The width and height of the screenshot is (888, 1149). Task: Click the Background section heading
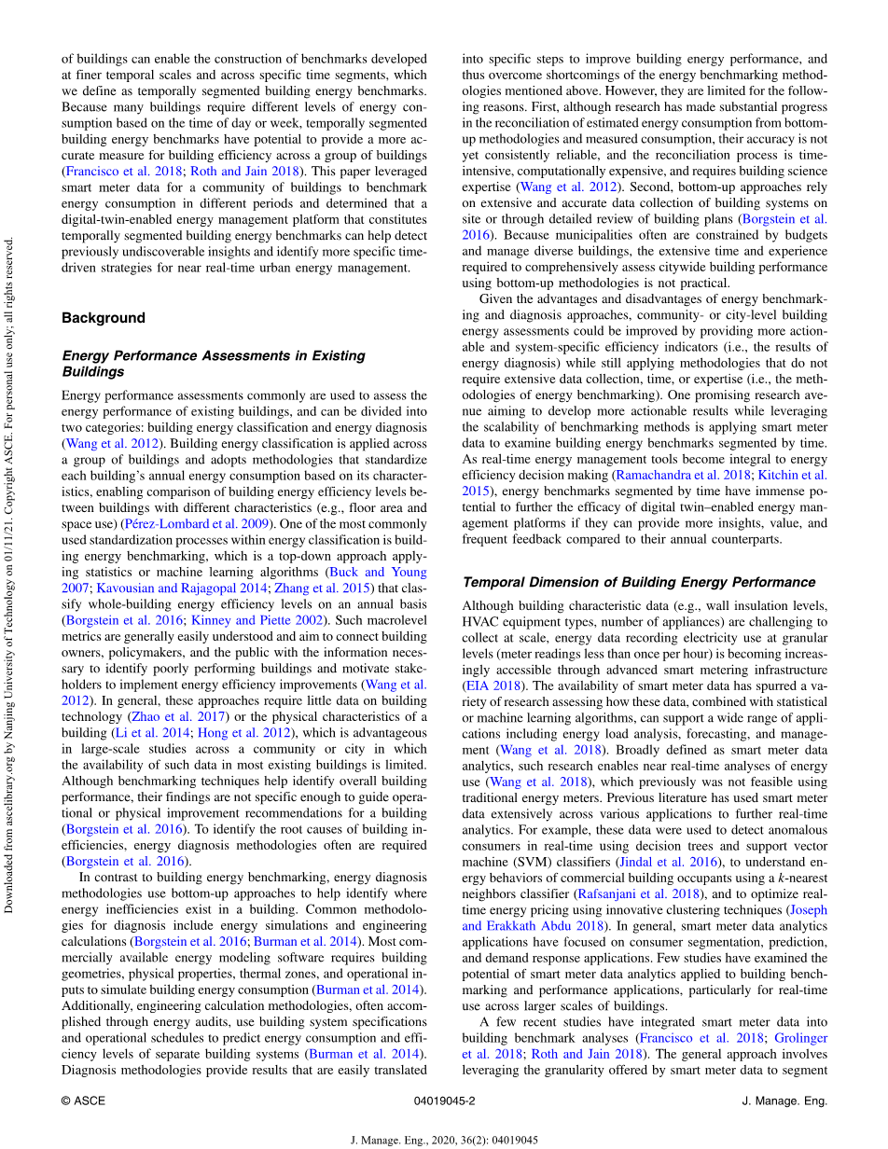coord(104,318)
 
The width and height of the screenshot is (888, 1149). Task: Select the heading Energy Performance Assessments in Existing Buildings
coord(213,364)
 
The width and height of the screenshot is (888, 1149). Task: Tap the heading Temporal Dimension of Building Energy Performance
coord(639,583)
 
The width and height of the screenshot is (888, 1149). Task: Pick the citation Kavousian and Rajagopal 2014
coord(182,588)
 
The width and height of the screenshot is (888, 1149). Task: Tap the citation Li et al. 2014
coord(148,733)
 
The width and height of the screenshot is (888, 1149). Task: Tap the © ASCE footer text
coord(83,1101)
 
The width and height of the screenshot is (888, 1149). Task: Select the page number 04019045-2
coord(444,1101)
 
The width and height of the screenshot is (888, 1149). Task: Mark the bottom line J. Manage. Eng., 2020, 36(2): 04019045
coord(444,1140)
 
